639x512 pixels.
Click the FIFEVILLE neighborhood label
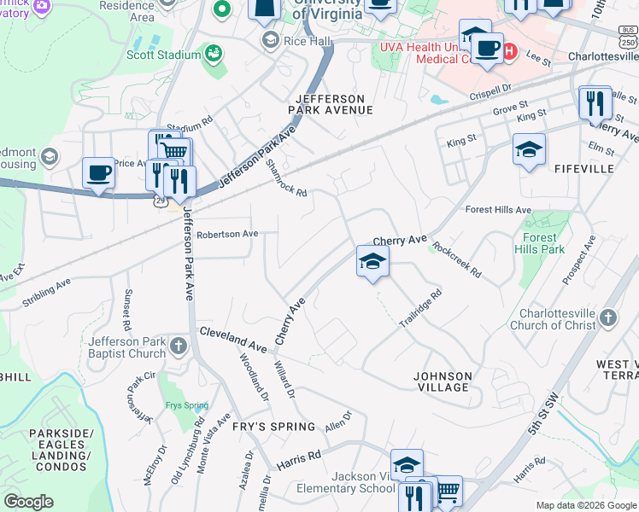583,169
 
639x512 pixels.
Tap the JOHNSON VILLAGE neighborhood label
442,381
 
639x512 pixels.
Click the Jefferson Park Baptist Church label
127,347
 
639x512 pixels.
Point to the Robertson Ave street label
227,234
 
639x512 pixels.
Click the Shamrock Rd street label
286,177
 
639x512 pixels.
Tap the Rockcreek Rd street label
457,260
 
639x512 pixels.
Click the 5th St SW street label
543,419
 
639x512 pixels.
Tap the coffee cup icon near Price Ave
98,172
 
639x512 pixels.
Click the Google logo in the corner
28,502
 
